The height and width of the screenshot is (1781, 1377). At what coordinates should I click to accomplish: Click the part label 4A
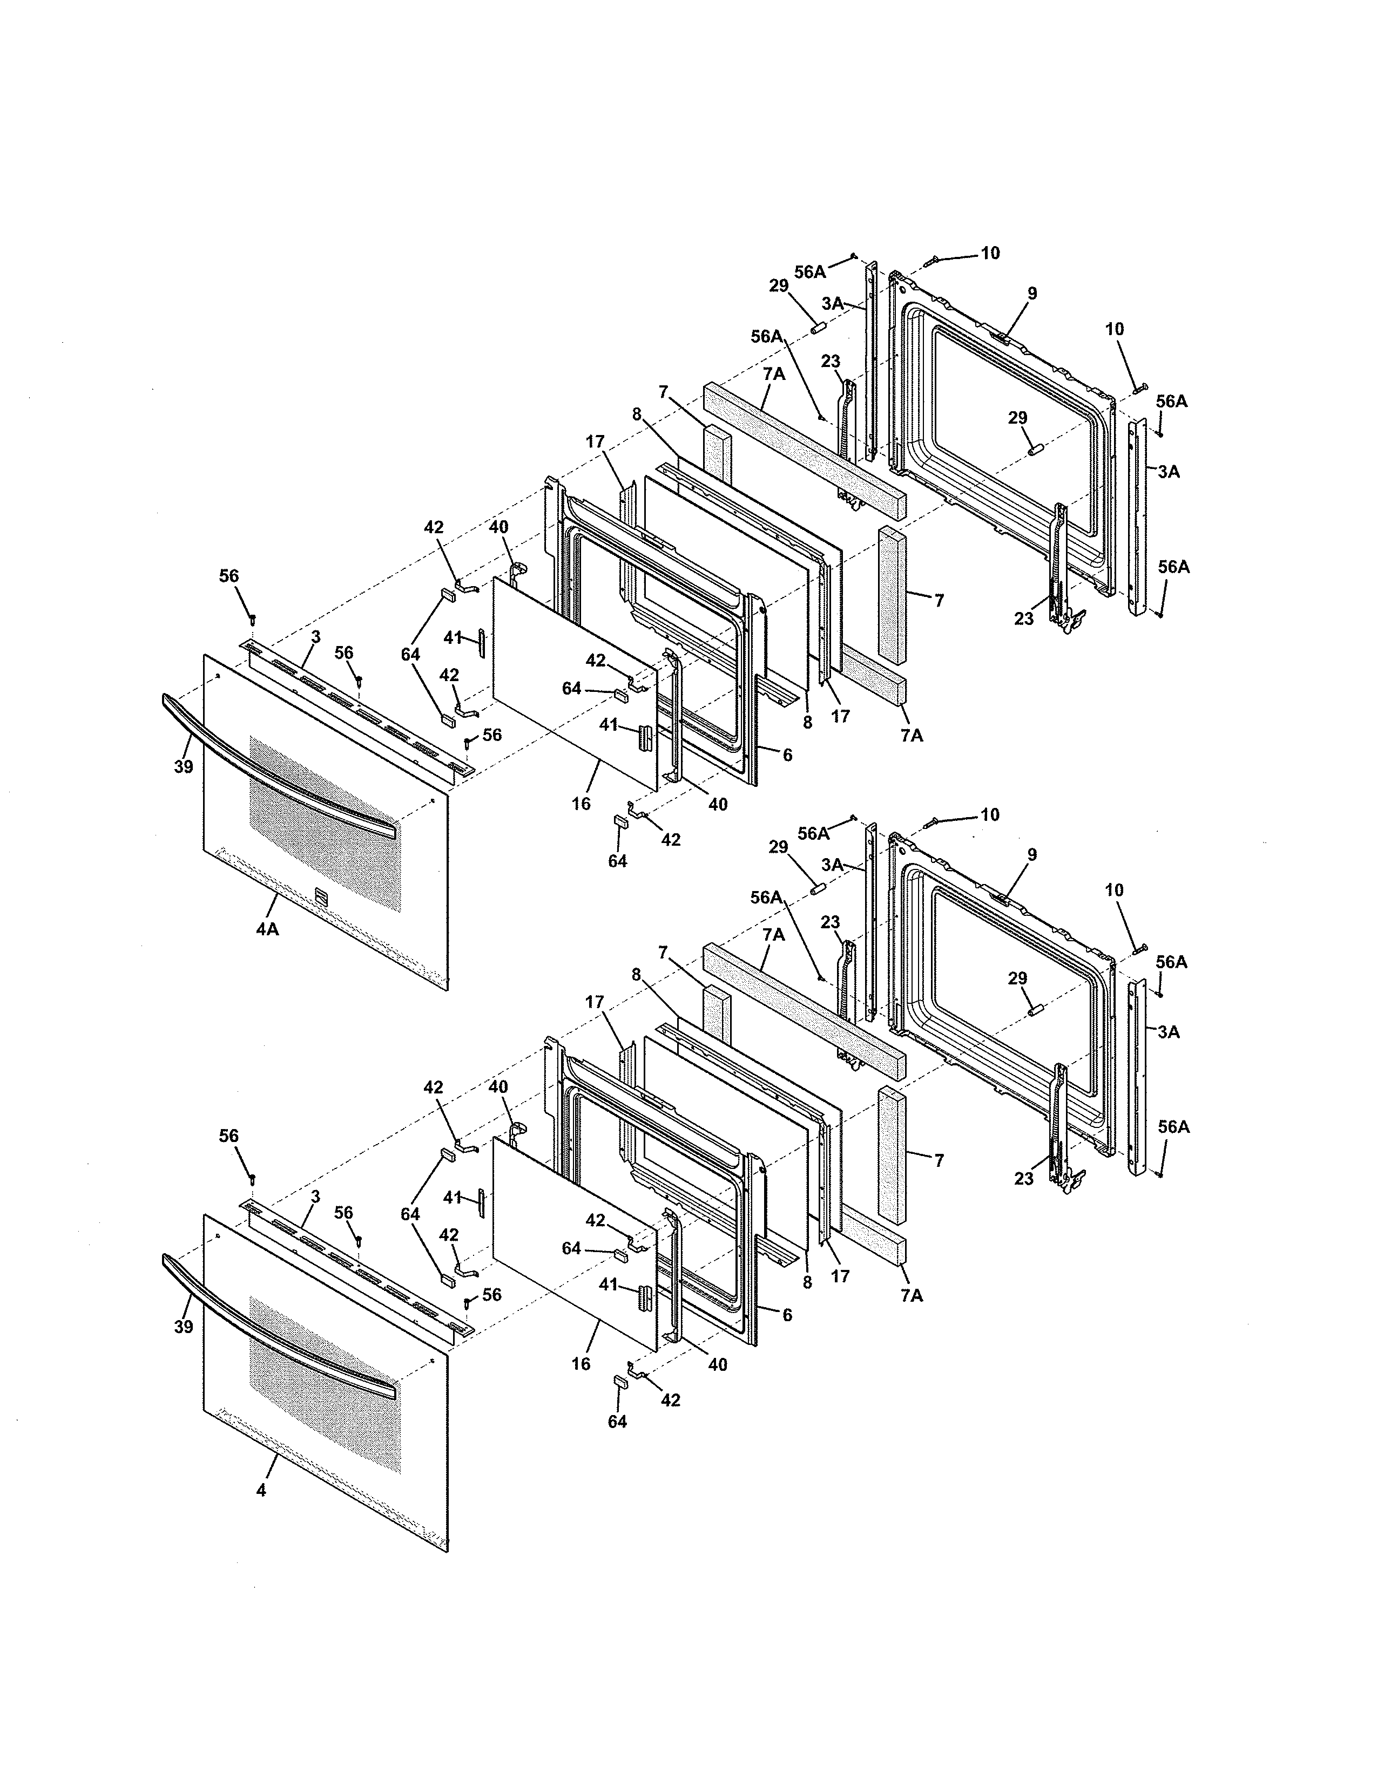267,929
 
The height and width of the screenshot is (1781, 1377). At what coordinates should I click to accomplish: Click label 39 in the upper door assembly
184,766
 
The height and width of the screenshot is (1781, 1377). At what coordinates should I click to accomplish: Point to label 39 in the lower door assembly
184,1327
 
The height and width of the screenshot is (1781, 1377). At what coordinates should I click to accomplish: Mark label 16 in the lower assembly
581,1363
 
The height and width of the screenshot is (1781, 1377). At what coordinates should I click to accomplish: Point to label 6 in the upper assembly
787,755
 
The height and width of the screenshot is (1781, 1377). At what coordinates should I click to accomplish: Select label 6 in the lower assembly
787,1315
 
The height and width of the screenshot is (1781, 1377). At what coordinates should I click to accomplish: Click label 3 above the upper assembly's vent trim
316,636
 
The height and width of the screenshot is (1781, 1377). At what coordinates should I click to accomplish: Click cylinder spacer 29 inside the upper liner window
1036,450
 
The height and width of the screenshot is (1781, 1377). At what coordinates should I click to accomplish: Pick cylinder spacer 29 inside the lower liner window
1036,1010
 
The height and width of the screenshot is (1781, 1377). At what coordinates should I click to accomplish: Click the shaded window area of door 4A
326,824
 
